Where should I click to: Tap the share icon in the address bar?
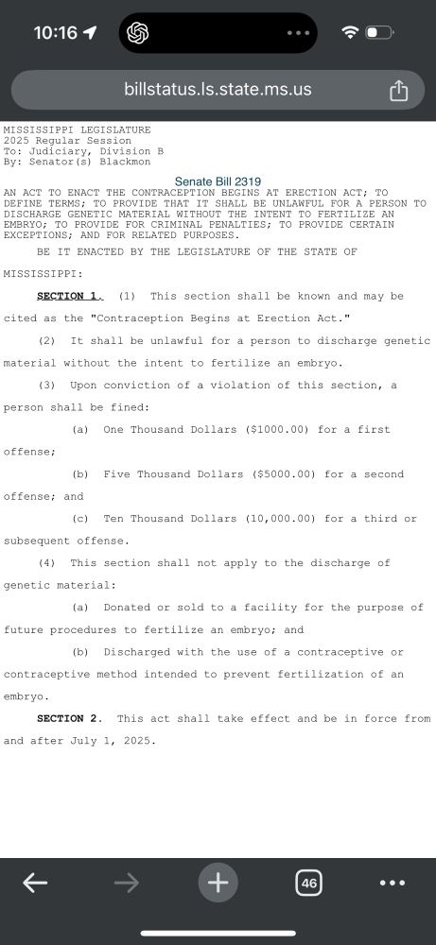coord(398,91)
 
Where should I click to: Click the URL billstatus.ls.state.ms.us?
coord(218,91)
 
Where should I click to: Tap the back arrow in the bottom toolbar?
coord(35,883)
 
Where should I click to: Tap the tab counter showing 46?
coord(308,883)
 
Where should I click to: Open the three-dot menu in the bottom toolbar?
coord(392,883)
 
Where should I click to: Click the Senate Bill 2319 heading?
coord(218,181)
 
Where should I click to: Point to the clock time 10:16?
coord(55,32)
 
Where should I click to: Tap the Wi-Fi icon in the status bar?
coord(350,32)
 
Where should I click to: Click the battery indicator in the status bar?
coord(379,32)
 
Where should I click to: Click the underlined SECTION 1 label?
coord(67,296)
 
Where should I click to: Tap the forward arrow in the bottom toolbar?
coord(126,883)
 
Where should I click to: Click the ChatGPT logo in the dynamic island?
coord(136,33)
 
